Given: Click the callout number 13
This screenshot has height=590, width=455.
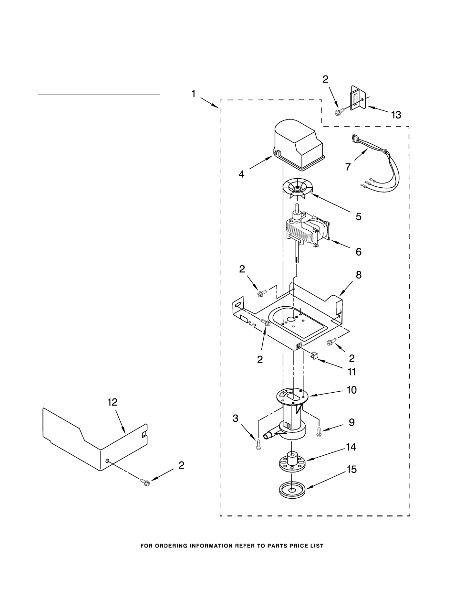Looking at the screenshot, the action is pos(396,115).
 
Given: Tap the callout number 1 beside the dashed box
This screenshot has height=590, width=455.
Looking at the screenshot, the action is pos(193,94).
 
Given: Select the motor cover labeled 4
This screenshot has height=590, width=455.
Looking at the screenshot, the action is pos(299,145).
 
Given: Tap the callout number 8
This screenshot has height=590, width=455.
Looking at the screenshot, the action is pos(358,275).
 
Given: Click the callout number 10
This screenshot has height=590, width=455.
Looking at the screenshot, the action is pos(352,390).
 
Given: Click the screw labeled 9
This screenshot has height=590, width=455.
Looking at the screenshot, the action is pos(319,432).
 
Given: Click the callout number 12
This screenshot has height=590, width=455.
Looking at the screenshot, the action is pos(112,402).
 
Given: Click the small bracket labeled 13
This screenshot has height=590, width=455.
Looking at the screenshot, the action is pos(358,98).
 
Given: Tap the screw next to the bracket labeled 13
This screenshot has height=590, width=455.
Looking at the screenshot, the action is pos(340,112).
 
